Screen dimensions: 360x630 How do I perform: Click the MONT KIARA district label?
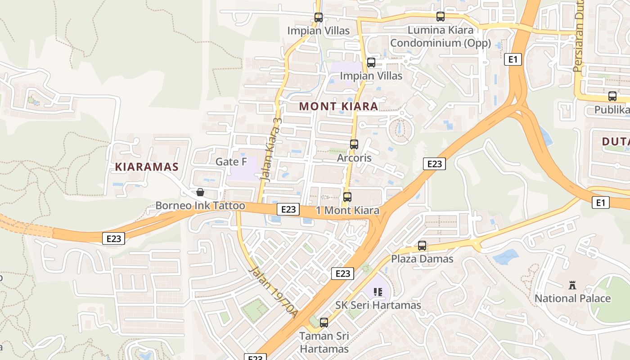(338, 107)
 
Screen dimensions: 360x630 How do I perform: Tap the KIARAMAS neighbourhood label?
(147, 167)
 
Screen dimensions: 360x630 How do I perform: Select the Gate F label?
(231, 162)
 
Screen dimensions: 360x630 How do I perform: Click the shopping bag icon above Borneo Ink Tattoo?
(200, 193)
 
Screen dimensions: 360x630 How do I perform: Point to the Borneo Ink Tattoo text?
(200, 206)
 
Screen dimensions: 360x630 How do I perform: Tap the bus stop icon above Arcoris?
(354, 144)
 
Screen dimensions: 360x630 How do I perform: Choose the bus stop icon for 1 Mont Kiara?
(347, 197)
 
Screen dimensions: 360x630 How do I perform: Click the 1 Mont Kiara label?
(347, 211)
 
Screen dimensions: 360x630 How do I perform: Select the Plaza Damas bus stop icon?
(422, 246)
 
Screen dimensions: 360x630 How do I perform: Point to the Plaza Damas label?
(422, 259)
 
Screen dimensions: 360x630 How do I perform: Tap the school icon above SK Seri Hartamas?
(378, 292)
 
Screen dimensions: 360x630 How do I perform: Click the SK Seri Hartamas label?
(378, 305)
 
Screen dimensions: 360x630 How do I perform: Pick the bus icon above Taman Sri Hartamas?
(324, 323)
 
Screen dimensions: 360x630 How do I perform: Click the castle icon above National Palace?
(572, 285)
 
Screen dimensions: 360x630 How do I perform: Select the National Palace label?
(572, 298)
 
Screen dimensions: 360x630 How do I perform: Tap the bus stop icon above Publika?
(612, 96)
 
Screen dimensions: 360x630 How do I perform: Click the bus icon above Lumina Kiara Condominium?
(441, 17)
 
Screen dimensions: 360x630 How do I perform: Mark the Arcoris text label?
(354, 158)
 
